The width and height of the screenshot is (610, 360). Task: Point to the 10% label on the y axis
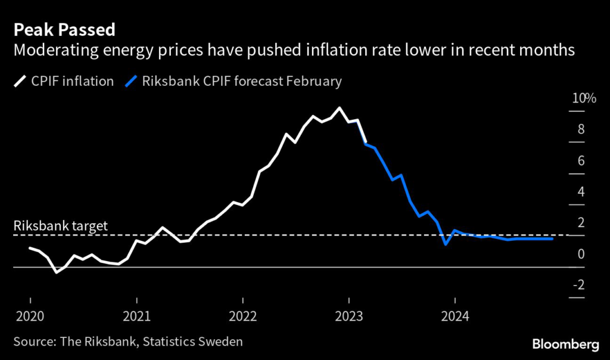pyautogui.click(x=584, y=98)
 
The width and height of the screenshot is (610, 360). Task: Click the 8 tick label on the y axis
pyautogui.click(x=581, y=130)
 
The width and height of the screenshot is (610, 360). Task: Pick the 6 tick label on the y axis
pyautogui.click(x=581, y=161)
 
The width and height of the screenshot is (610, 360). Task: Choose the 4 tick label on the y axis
pyautogui.click(x=581, y=192)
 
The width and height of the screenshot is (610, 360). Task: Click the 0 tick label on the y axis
pyautogui.click(x=581, y=254)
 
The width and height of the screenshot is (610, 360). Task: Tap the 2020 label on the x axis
pyautogui.click(x=30, y=315)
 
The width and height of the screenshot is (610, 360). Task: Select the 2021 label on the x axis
pyautogui.click(x=137, y=315)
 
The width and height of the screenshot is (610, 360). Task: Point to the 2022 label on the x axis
pyautogui.click(x=243, y=315)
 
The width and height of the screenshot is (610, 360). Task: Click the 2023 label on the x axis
pyautogui.click(x=349, y=315)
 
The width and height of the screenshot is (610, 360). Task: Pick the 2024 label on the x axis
pyautogui.click(x=455, y=315)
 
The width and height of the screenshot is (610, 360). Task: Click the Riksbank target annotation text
pyautogui.click(x=60, y=226)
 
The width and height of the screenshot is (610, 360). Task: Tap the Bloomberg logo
pyautogui.click(x=566, y=344)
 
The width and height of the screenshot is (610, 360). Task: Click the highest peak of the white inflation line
pyautogui.click(x=340, y=108)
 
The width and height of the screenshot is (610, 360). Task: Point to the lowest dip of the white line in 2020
pyautogui.click(x=56, y=272)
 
